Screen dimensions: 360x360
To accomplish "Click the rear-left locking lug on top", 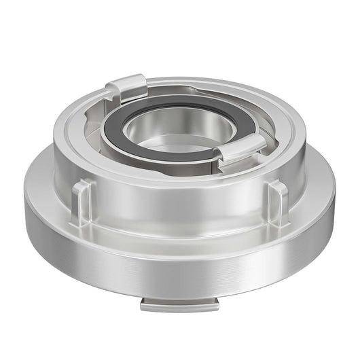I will [126, 86].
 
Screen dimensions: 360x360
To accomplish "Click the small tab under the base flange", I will [179, 304].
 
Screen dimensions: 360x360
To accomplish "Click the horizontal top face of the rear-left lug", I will [127, 82].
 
